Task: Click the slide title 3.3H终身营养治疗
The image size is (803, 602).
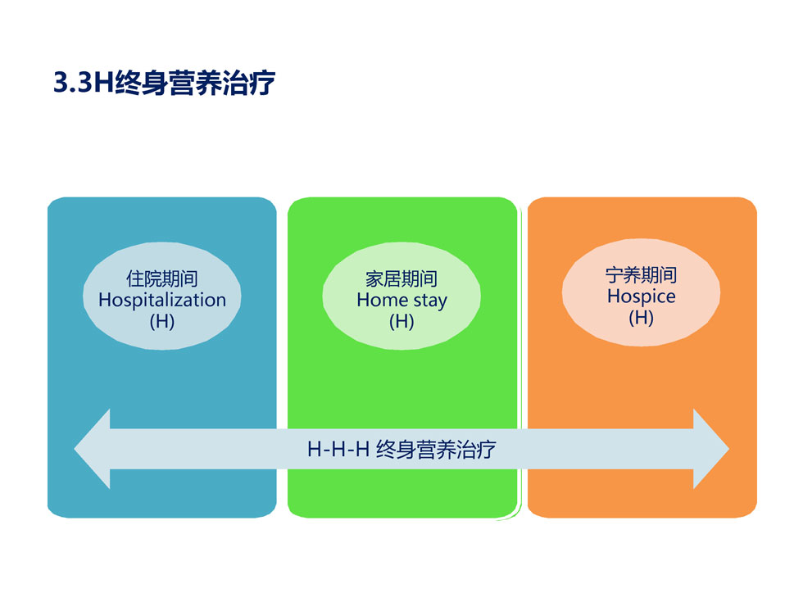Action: pos(165,83)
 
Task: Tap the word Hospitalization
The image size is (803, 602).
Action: pos(162,300)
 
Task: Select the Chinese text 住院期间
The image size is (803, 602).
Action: pos(162,279)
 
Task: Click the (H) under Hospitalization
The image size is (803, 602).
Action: pos(162,321)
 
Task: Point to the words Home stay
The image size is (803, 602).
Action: pos(402,301)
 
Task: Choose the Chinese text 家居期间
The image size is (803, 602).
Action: pos(401,279)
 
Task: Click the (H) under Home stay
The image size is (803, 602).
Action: pos(401,321)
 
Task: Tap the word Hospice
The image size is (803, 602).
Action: pos(641,296)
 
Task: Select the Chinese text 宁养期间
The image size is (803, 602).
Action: pos(641,275)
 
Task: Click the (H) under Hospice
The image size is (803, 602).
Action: pos(641,318)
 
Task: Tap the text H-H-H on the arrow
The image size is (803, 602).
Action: pos(338,450)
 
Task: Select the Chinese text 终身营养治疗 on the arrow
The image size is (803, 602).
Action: pos(436,450)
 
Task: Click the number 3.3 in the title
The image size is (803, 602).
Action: pos(73,83)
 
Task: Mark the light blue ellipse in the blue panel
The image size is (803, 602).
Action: pos(162,296)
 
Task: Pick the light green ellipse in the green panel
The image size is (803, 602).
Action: pos(401,296)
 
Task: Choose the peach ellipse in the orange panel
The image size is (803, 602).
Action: pos(641,292)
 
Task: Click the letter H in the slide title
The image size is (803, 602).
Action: pos(104,83)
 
